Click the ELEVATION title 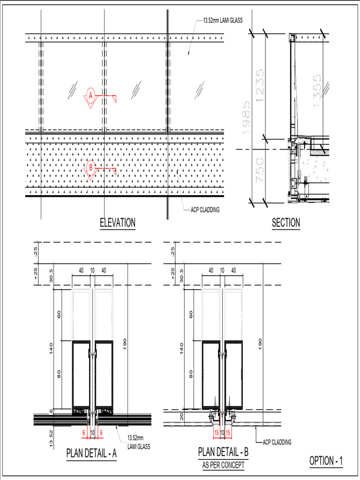click(118, 223)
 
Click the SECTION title click(286, 223)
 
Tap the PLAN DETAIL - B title click(223, 452)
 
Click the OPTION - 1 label click(326, 461)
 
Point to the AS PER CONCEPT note click(223, 465)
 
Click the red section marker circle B click(91, 167)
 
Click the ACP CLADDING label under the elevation click(205, 210)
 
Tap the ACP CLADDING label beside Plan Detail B click(277, 442)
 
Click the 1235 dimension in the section click(260, 84)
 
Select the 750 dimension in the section click(260, 170)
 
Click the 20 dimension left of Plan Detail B click(181, 416)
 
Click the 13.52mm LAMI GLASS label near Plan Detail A click(139, 443)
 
